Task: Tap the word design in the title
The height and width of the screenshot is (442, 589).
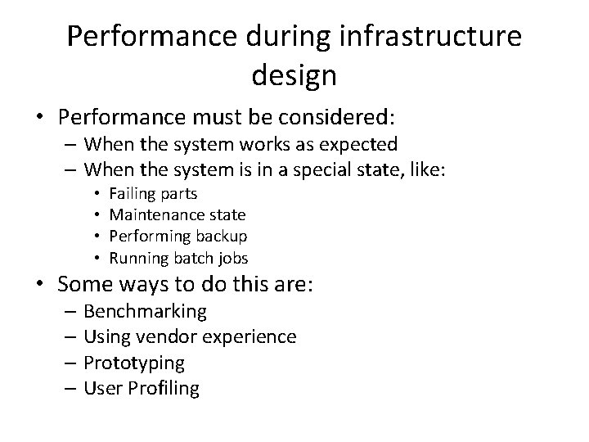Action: [294, 75]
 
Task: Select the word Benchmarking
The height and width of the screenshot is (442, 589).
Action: [146, 312]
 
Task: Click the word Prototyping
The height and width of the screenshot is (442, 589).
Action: [134, 363]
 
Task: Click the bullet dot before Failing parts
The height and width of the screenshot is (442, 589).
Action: [97, 194]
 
